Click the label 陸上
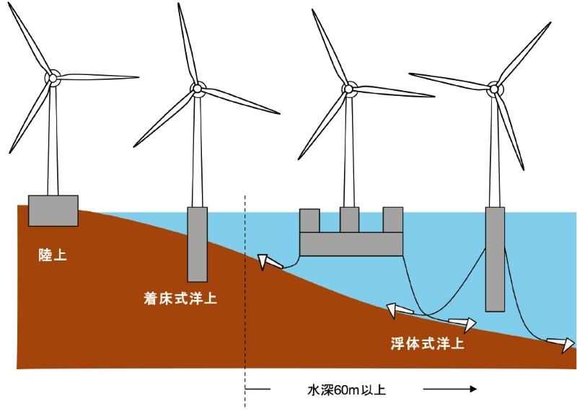point(53,255)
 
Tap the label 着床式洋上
point(180,298)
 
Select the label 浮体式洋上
point(427,343)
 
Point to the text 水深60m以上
point(347,389)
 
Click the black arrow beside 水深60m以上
point(450,389)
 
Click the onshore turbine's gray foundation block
point(53,211)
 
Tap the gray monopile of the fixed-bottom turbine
point(197,245)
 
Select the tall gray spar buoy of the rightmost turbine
point(495,259)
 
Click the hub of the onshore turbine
point(53,78)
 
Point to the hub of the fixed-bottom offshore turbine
point(197,88)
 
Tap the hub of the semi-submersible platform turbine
point(348,89)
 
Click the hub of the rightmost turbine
point(494,89)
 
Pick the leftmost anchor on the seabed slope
point(270,262)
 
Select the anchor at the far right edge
point(561,344)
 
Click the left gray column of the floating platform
point(309,221)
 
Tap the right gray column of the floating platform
point(393,220)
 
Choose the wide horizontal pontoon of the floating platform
point(351,244)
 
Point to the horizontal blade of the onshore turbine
point(98,77)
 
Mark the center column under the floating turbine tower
point(349,220)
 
